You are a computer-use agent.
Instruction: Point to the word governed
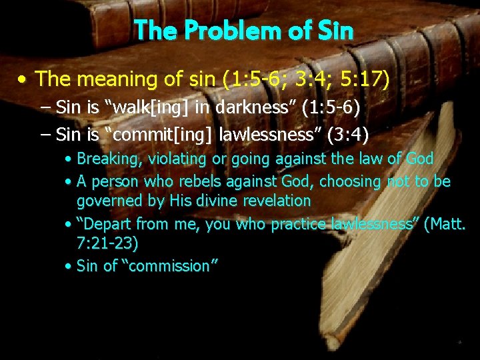(107, 201)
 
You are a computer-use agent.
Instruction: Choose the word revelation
(275, 201)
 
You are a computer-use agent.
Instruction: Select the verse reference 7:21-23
(107, 243)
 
